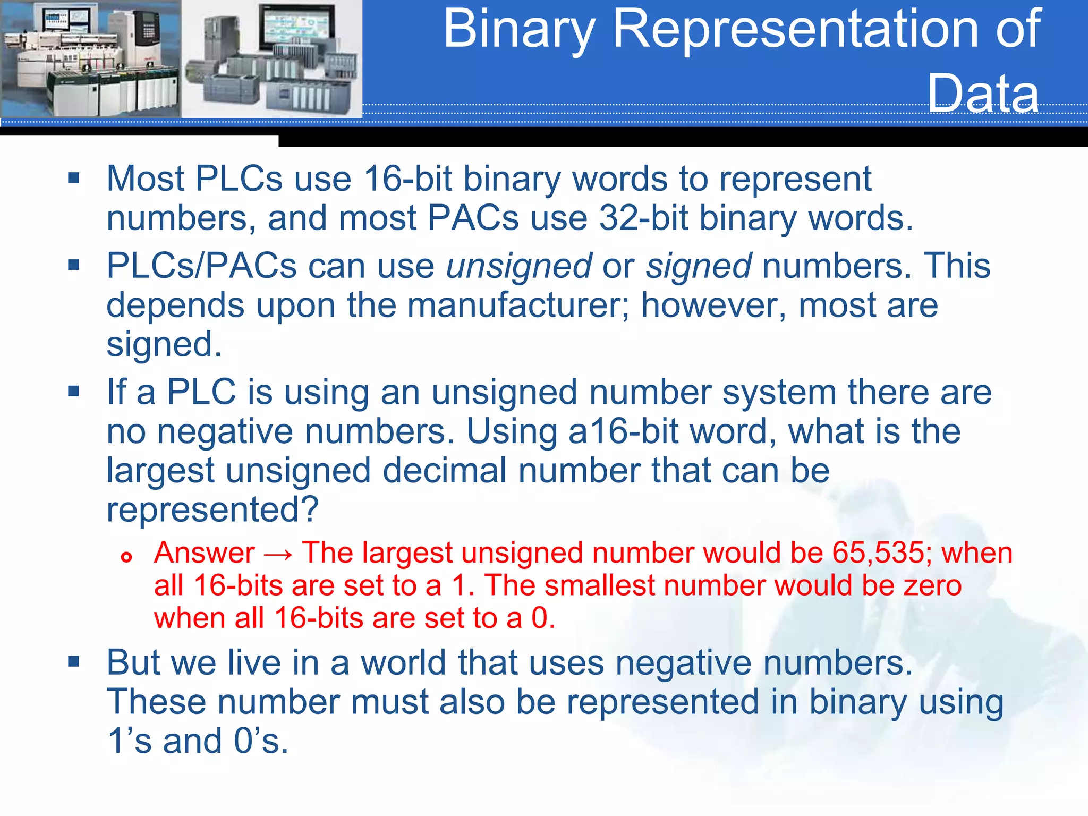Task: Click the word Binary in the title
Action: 518,31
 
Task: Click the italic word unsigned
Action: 518,267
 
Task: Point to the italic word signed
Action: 698,267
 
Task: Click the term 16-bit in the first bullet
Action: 407,179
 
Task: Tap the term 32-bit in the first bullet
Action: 643,218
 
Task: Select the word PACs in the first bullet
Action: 473,218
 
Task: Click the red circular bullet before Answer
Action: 126,557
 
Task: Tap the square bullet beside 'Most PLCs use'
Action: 74,177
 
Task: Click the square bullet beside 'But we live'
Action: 74,661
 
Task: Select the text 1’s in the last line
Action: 130,741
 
